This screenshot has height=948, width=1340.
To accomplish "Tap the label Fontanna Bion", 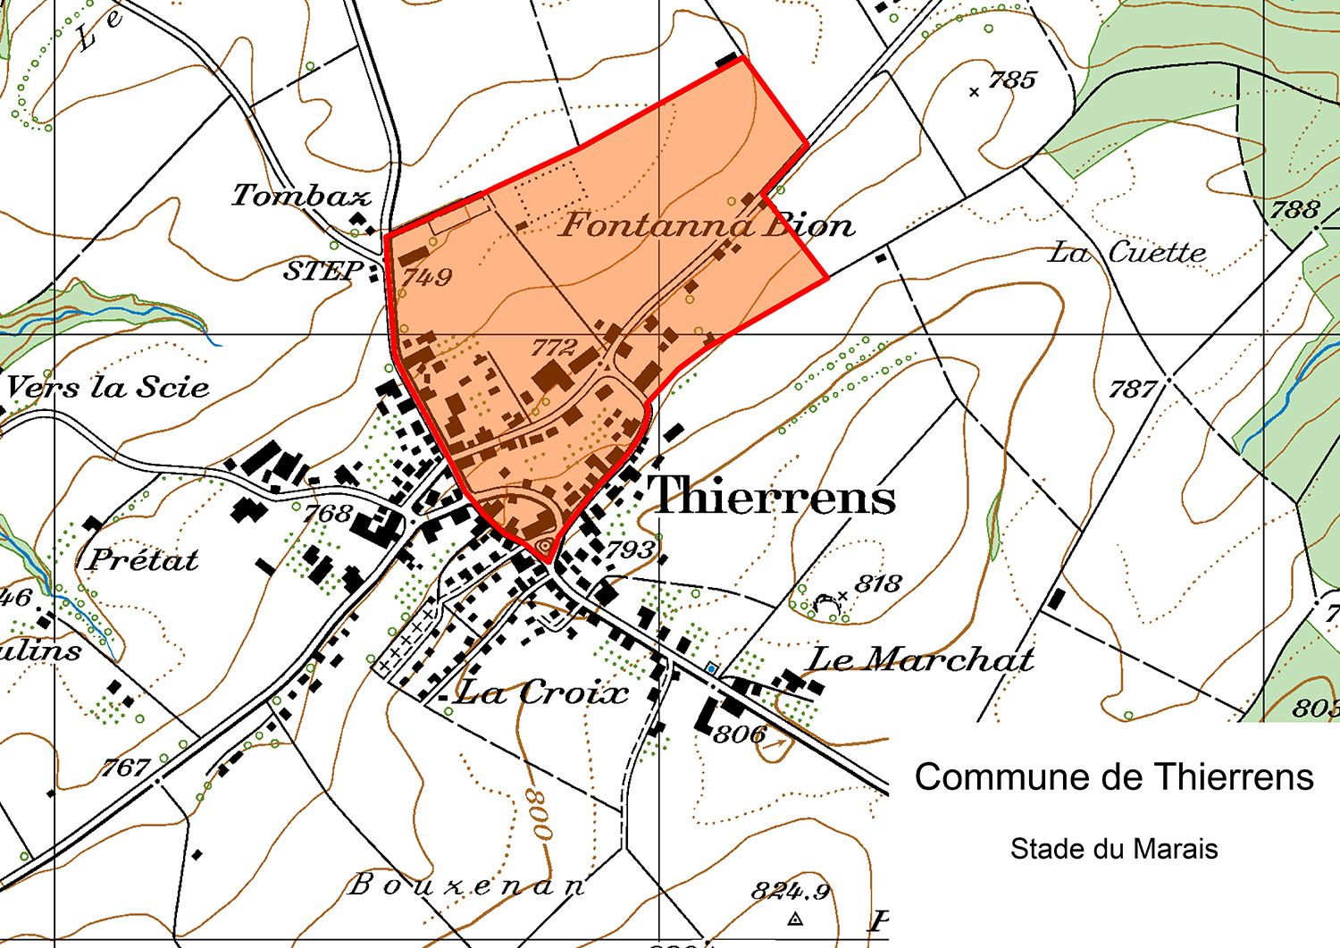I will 707,224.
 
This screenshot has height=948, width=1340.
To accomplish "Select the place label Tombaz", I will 301,195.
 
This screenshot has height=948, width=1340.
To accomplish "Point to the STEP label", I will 323,271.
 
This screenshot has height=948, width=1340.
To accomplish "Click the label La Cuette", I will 1126,253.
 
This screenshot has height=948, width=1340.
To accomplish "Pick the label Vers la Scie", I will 108,387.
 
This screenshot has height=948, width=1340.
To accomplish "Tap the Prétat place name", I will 144,560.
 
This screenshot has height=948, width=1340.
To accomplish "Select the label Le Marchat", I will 920,659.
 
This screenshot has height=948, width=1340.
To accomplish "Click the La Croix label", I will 542,692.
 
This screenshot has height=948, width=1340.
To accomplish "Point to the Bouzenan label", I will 466,885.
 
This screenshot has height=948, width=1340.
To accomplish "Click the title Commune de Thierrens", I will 1114,777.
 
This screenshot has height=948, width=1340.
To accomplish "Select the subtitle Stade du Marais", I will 1114,849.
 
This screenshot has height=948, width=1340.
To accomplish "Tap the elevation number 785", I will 1012,80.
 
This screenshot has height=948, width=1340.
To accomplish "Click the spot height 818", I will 877,584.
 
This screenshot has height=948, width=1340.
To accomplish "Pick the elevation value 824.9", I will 791,891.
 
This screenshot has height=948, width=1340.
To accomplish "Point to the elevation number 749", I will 427,277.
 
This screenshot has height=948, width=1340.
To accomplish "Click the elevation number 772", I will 554,347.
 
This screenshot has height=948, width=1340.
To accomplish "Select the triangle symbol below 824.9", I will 795,919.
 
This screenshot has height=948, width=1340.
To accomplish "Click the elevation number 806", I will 740,734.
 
